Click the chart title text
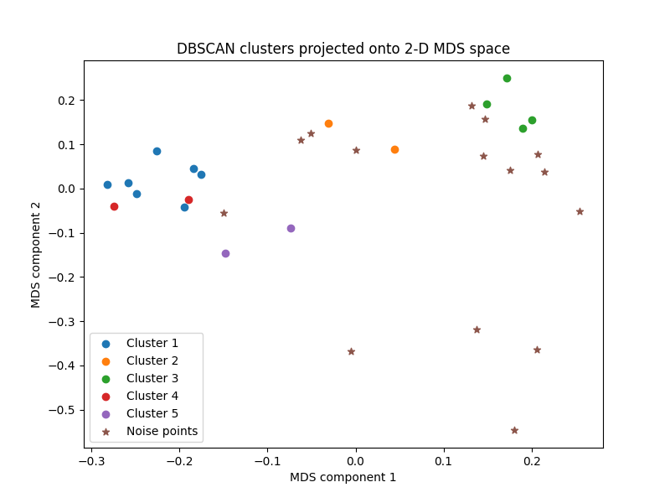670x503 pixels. point(343,49)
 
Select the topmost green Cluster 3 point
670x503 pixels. point(507,78)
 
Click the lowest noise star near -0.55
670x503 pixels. point(514,430)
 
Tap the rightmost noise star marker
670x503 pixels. point(580,211)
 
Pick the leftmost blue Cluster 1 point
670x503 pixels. point(107,184)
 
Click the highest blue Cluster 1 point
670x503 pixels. point(157,151)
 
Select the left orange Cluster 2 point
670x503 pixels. point(328,123)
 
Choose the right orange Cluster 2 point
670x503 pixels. point(394,149)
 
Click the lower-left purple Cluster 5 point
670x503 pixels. point(225,253)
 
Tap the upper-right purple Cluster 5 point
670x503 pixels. point(291,228)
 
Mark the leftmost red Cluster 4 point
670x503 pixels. point(114,206)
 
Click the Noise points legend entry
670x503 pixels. point(162,431)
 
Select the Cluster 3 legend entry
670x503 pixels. point(152,378)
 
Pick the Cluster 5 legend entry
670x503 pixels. point(152,413)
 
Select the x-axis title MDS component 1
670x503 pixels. point(343,477)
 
